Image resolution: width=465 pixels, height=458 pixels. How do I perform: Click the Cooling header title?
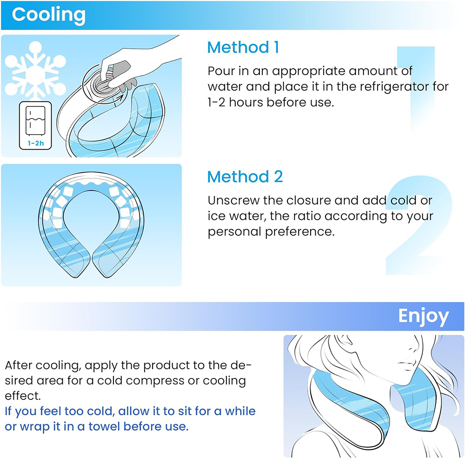click(48, 14)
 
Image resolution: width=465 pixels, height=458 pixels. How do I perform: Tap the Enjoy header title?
click(423, 316)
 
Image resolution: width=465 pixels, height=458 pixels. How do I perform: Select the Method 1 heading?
click(243, 47)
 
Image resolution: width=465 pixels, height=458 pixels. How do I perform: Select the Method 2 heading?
click(245, 177)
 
